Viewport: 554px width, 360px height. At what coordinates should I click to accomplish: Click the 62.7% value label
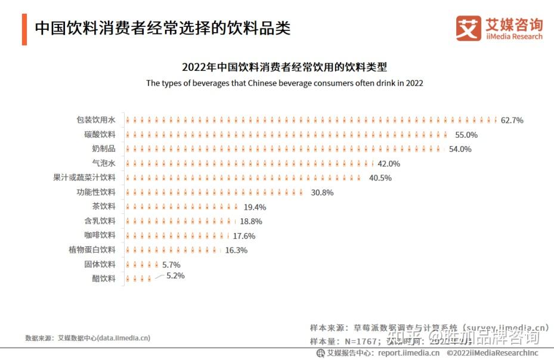tap(512, 120)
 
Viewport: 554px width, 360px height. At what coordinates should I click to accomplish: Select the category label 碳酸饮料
tap(100, 135)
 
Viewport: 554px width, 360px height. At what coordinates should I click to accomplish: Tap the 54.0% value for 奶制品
tap(460, 149)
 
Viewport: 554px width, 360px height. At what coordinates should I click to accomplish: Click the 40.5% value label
tap(380, 178)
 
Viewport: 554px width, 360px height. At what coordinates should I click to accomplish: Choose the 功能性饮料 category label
tap(95, 192)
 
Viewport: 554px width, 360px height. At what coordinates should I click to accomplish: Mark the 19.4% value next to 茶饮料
tap(255, 207)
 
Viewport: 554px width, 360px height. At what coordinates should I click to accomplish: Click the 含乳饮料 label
tap(100, 221)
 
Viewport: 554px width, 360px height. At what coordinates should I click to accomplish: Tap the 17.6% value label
tap(244, 235)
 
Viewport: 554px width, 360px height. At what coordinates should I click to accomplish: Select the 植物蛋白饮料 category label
tap(92, 250)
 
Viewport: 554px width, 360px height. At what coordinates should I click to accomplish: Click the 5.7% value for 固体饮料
tap(171, 264)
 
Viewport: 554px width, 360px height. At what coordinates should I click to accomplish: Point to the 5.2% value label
tap(175, 276)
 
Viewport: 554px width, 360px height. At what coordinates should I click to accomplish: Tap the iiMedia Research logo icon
tap(468, 28)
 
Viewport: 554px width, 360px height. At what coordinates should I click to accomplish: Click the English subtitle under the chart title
tap(284, 83)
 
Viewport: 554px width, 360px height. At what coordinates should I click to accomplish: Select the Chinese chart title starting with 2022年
tap(284, 67)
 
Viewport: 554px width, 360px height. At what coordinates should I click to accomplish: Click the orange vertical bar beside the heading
tap(24, 29)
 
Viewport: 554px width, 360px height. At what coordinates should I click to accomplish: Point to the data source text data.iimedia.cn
tap(87, 338)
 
